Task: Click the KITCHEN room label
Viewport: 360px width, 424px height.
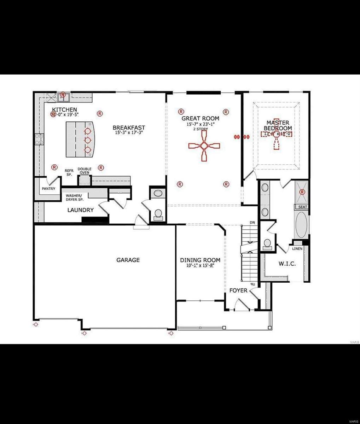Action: pos(64,109)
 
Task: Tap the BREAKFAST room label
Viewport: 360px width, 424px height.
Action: pos(129,128)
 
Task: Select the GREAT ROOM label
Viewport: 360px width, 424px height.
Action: pos(200,118)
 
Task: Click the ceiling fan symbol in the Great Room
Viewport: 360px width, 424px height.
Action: pos(204,146)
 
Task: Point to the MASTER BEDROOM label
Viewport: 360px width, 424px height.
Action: pos(279,125)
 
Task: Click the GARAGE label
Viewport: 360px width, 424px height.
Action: pos(128,260)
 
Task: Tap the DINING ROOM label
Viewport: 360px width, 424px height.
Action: pos(200,260)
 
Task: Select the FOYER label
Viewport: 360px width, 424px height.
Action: pos(238,290)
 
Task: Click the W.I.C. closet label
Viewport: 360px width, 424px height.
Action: pos(287,264)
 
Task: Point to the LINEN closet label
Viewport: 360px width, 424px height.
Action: pos(297,249)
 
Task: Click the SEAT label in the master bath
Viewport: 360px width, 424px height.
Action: pos(302,207)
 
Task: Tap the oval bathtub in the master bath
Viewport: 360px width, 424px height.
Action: pos(302,225)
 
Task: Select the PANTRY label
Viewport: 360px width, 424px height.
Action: pos(48,189)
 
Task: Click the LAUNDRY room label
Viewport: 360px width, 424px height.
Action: pos(81,210)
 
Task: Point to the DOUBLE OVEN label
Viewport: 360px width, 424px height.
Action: pos(85,171)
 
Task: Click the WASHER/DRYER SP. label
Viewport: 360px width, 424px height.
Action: pos(74,198)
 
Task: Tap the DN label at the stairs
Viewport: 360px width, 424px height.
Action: pos(252,223)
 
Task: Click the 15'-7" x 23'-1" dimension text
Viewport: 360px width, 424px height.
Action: pos(200,124)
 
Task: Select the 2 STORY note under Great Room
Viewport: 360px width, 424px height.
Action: pos(200,129)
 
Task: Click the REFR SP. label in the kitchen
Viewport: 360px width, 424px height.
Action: pos(69,172)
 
